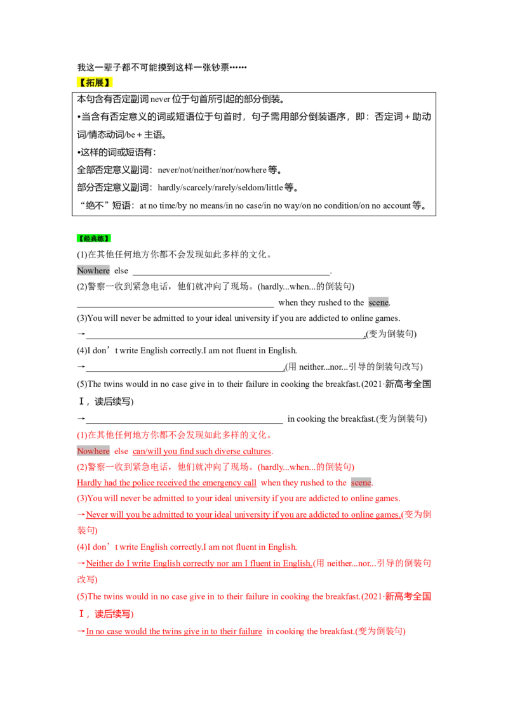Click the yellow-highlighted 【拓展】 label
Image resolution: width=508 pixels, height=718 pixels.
pos(96,83)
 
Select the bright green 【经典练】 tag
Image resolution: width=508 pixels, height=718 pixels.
pos(94,238)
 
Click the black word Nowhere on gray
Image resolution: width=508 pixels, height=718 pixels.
pos(93,271)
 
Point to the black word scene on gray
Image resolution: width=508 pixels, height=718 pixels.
pos(378,303)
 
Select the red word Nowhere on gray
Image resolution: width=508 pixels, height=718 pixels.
pos(93,451)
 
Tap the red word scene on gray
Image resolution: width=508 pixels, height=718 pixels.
pos(362,483)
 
